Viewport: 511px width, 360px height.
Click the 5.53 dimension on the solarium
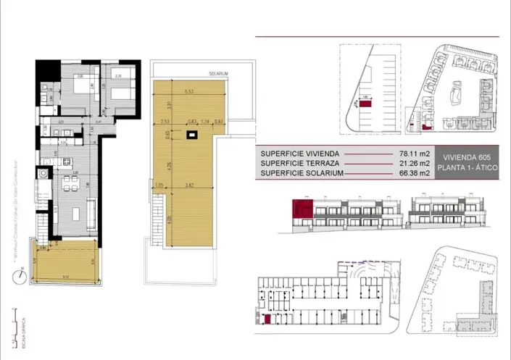[x=189, y=92]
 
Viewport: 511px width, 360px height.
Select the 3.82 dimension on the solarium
[x=190, y=187]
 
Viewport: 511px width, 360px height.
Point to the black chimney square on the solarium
[x=192, y=134]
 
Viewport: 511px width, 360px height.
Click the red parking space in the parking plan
[x=367, y=105]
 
